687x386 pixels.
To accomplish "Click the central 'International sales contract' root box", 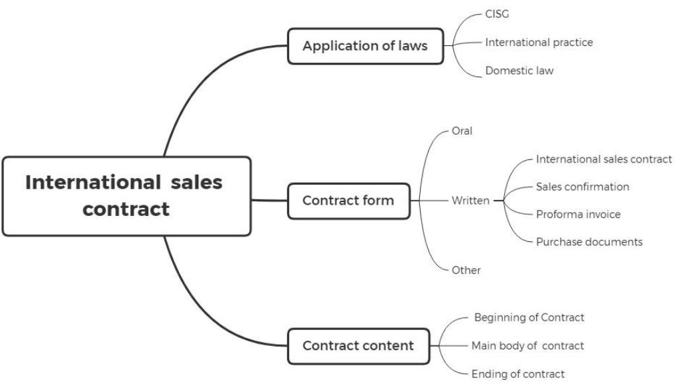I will pos(127,196).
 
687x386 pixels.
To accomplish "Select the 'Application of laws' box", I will pos(365,46).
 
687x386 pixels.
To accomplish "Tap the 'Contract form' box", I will pos(349,201).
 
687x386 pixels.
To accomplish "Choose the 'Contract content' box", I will pos(359,345).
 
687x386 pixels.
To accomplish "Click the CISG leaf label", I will pos(497,15).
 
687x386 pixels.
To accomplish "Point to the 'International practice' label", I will pos(539,43).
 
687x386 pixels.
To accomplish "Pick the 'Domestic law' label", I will pos(519,71).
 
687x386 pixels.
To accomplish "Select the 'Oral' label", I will pos(462,131).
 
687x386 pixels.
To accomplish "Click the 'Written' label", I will pos(470,201).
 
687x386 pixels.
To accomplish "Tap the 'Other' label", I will pos(466,270).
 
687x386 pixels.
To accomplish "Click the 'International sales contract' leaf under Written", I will pos(604,159).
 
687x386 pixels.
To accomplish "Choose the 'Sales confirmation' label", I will pos(582,187).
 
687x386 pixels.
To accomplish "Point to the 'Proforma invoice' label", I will pos(578,215).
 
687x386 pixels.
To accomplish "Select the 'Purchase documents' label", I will pos(589,242).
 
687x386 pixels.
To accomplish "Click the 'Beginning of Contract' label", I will pos(529,317).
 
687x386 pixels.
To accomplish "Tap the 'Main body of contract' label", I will pos(527,345).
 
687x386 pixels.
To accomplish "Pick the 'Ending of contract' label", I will pos(517,374).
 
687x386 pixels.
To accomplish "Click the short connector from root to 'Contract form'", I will pos(269,200).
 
